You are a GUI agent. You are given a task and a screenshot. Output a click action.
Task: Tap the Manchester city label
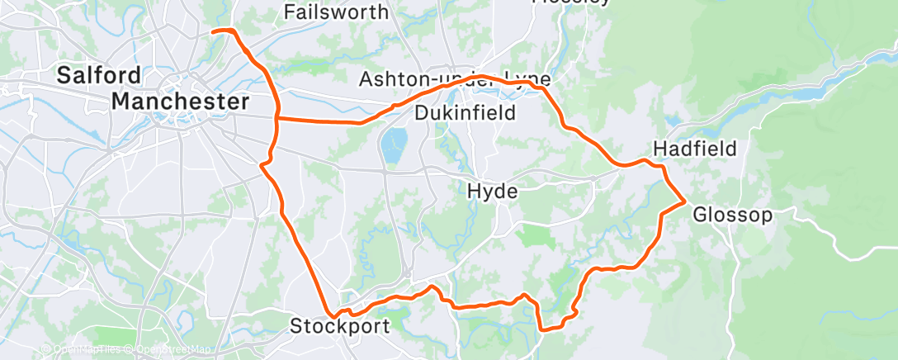(x=180, y=102)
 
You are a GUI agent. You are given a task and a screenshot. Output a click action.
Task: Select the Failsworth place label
(x=335, y=12)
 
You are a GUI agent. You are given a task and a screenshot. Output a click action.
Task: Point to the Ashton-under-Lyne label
(x=453, y=79)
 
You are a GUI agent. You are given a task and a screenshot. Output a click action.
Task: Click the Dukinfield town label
(x=465, y=112)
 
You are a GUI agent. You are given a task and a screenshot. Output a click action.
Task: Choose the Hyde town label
(x=492, y=192)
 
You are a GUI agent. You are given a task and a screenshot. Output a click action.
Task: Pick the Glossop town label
(x=732, y=216)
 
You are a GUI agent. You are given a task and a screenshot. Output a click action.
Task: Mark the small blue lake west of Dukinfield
(x=393, y=145)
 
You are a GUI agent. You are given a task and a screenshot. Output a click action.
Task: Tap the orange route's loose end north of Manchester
(x=214, y=31)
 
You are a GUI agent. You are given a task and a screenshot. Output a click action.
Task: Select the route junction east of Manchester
(x=276, y=118)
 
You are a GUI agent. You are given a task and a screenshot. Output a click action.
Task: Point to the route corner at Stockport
(x=333, y=315)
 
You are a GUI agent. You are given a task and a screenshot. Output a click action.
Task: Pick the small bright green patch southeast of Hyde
(x=536, y=236)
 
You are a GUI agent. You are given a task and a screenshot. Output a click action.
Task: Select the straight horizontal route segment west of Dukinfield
(x=318, y=121)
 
